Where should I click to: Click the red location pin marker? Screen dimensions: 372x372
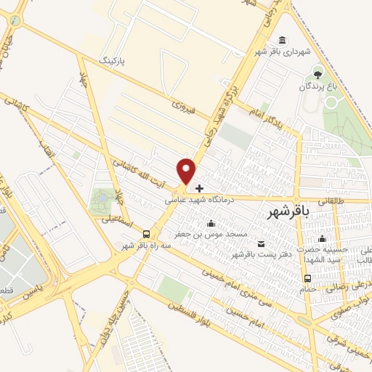tap(187, 171)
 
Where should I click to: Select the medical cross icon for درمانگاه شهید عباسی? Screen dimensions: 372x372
tap(200, 188)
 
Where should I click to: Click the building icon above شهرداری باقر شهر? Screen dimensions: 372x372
tap(281, 40)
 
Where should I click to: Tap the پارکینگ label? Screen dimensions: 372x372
tap(112, 57)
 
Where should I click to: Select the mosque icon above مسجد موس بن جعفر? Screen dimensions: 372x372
tap(211, 223)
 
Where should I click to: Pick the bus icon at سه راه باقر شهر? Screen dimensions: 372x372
tap(147, 234)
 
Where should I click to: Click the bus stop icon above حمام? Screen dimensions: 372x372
tap(308, 278)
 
